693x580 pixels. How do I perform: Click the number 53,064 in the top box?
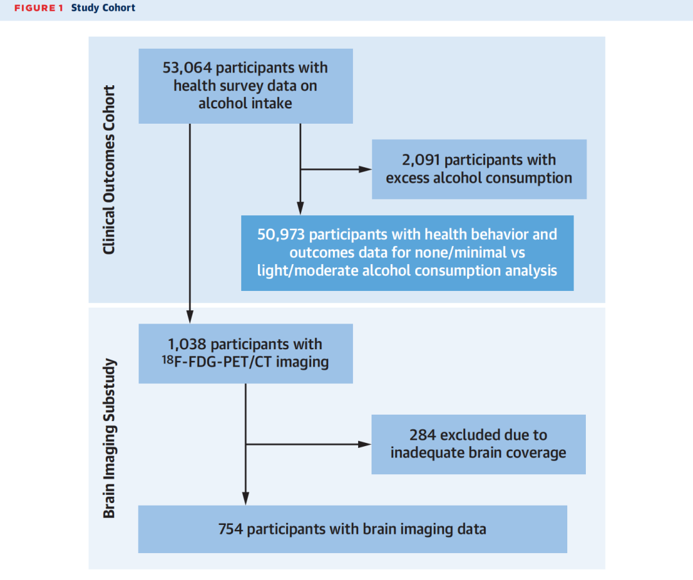click(x=187, y=68)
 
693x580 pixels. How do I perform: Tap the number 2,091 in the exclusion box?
click(x=421, y=160)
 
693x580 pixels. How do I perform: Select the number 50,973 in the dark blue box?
click(x=281, y=235)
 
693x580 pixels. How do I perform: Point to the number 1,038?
click(x=187, y=344)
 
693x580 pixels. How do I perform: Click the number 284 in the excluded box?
click(x=422, y=435)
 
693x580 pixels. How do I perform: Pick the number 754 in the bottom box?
click(x=230, y=529)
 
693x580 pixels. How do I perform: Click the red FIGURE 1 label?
click(x=39, y=8)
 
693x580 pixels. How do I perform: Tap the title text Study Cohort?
click(x=103, y=8)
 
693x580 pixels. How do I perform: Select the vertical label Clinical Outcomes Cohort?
click(x=108, y=170)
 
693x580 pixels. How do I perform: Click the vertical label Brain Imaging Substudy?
click(x=108, y=438)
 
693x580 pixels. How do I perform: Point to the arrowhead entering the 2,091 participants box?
click(x=366, y=169)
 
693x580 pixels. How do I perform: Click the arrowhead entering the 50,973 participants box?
click(x=300, y=209)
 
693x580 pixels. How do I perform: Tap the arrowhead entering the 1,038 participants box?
click(x=190, y=317)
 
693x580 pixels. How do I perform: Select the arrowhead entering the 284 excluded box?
click(x=364, y=444)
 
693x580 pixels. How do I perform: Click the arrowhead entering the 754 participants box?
click(x=246, y=499)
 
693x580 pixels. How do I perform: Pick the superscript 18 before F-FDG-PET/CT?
click(x=167, y=360)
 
